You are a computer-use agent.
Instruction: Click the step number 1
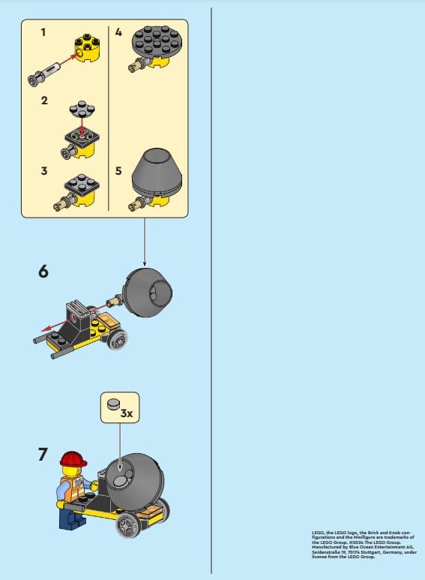pos(43,33)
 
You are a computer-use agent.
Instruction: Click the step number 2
pos(44,101)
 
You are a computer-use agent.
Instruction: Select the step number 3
pos(44,171)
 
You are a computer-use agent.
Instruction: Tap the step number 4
pos(118,33)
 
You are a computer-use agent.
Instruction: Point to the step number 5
pos(118,171)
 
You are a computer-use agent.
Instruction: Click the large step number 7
pos(43,454)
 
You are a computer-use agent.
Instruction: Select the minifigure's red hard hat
pos(73,458)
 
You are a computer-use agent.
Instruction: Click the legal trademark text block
pos(362,544)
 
